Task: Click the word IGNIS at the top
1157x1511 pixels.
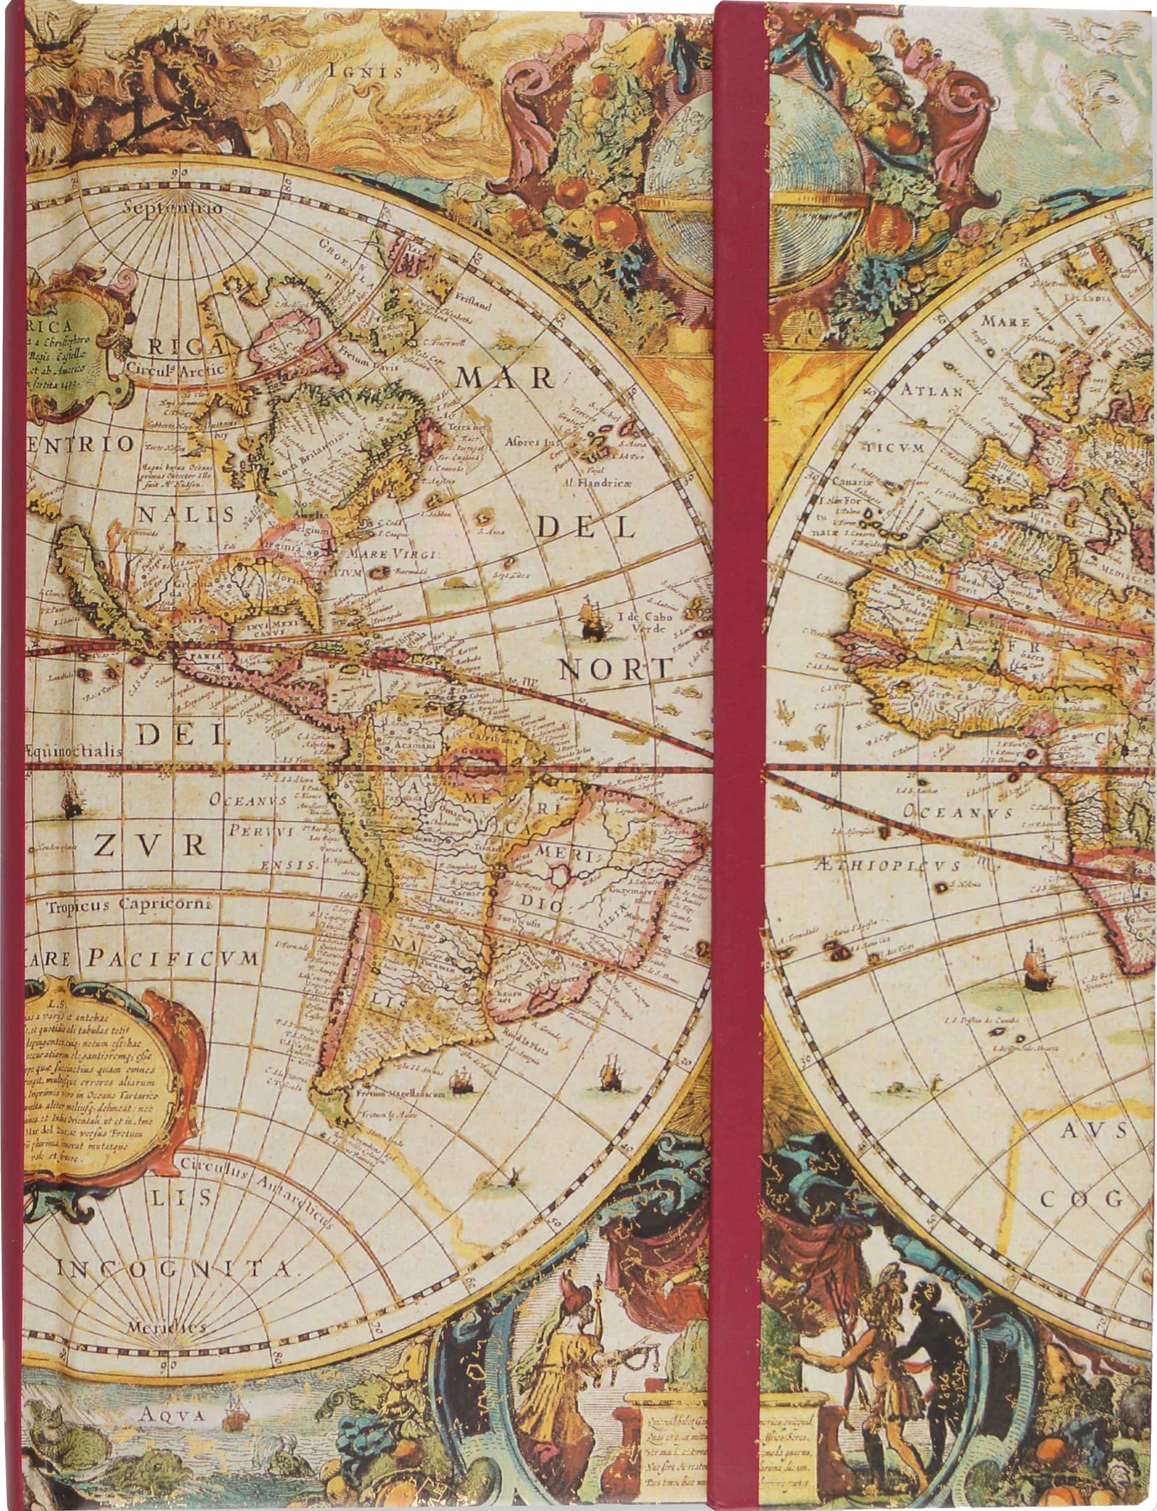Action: (365, 71)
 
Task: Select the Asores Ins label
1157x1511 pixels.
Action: (532, 442)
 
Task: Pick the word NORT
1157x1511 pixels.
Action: (616, 669)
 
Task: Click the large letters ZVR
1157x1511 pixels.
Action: (149, 844)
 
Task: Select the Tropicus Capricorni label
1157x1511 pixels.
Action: (118, 905)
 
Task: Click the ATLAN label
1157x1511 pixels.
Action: (931, 390)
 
